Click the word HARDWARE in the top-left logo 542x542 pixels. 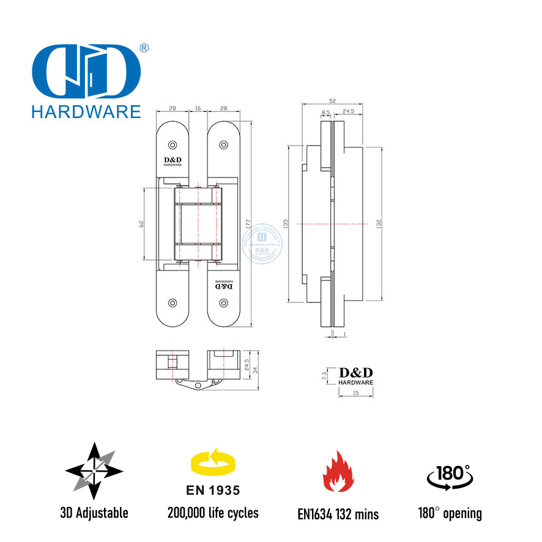click(x=86, y=111)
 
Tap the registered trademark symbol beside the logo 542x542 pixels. click(x=144, y=48)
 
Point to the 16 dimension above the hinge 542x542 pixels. click(x=198, y=108)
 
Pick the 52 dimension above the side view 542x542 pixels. click(x=332, y=100)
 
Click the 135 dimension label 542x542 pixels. click(x=286, y=224)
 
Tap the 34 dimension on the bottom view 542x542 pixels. click(x=253, y=369)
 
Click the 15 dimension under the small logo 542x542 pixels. click(x=355, y=393)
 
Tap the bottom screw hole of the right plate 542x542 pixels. click(x=223, y=303)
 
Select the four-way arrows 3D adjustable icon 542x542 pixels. click(x=94, y=470)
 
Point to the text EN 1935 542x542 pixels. click(x=212, y=491)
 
